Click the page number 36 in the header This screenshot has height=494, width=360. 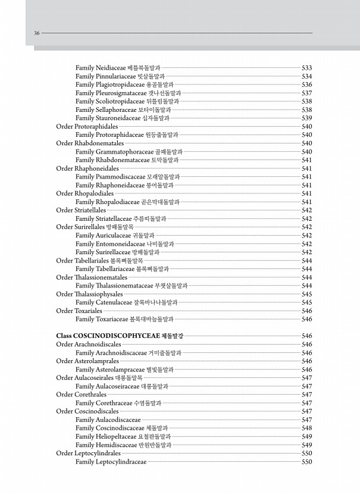pyautogui.click(x=36, y=33)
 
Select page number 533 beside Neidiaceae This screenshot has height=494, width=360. pyautogui.click(x=307, y=68)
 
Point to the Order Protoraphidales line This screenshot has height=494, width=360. pyautogui.click(x=87, y=127)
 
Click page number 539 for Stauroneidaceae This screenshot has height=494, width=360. pyautogui.click(x=307, y=118)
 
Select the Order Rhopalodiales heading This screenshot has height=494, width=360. pyautogui.click(x=84, y=193)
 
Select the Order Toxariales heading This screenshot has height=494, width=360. pyautogui.click(x=79, y=311)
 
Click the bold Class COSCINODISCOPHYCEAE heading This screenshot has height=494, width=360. pyautogui.click(x=119, y=336)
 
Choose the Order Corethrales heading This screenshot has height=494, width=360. pyautogui.click(x=82, y=395)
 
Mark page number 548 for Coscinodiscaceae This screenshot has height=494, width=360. pyautogui.click(x=307, y=428)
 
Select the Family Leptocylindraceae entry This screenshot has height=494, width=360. pyautogui.click(x=111, y=462)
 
